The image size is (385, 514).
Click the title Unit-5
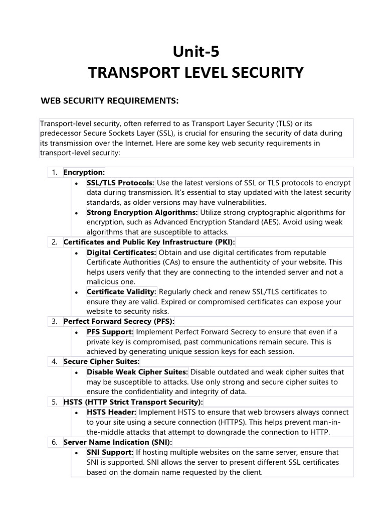click(x=196, y=52)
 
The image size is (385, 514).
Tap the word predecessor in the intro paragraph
click(x=63, y=133)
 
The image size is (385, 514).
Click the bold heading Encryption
click(x=84, y=172)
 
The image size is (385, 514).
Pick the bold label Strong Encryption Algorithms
click(x=142, y=212)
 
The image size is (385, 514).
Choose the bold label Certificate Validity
click(x=121, y=292)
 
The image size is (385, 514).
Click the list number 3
click(x=55, y=321)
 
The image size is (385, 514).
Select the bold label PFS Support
click(x=110, y=332)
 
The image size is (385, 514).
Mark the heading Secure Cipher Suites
click(x=101, y=361)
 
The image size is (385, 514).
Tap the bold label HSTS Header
click(x=111, y=412)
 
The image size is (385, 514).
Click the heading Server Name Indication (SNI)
click(x=117, y=442)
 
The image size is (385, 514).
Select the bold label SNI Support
click(x=110, y=452)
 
